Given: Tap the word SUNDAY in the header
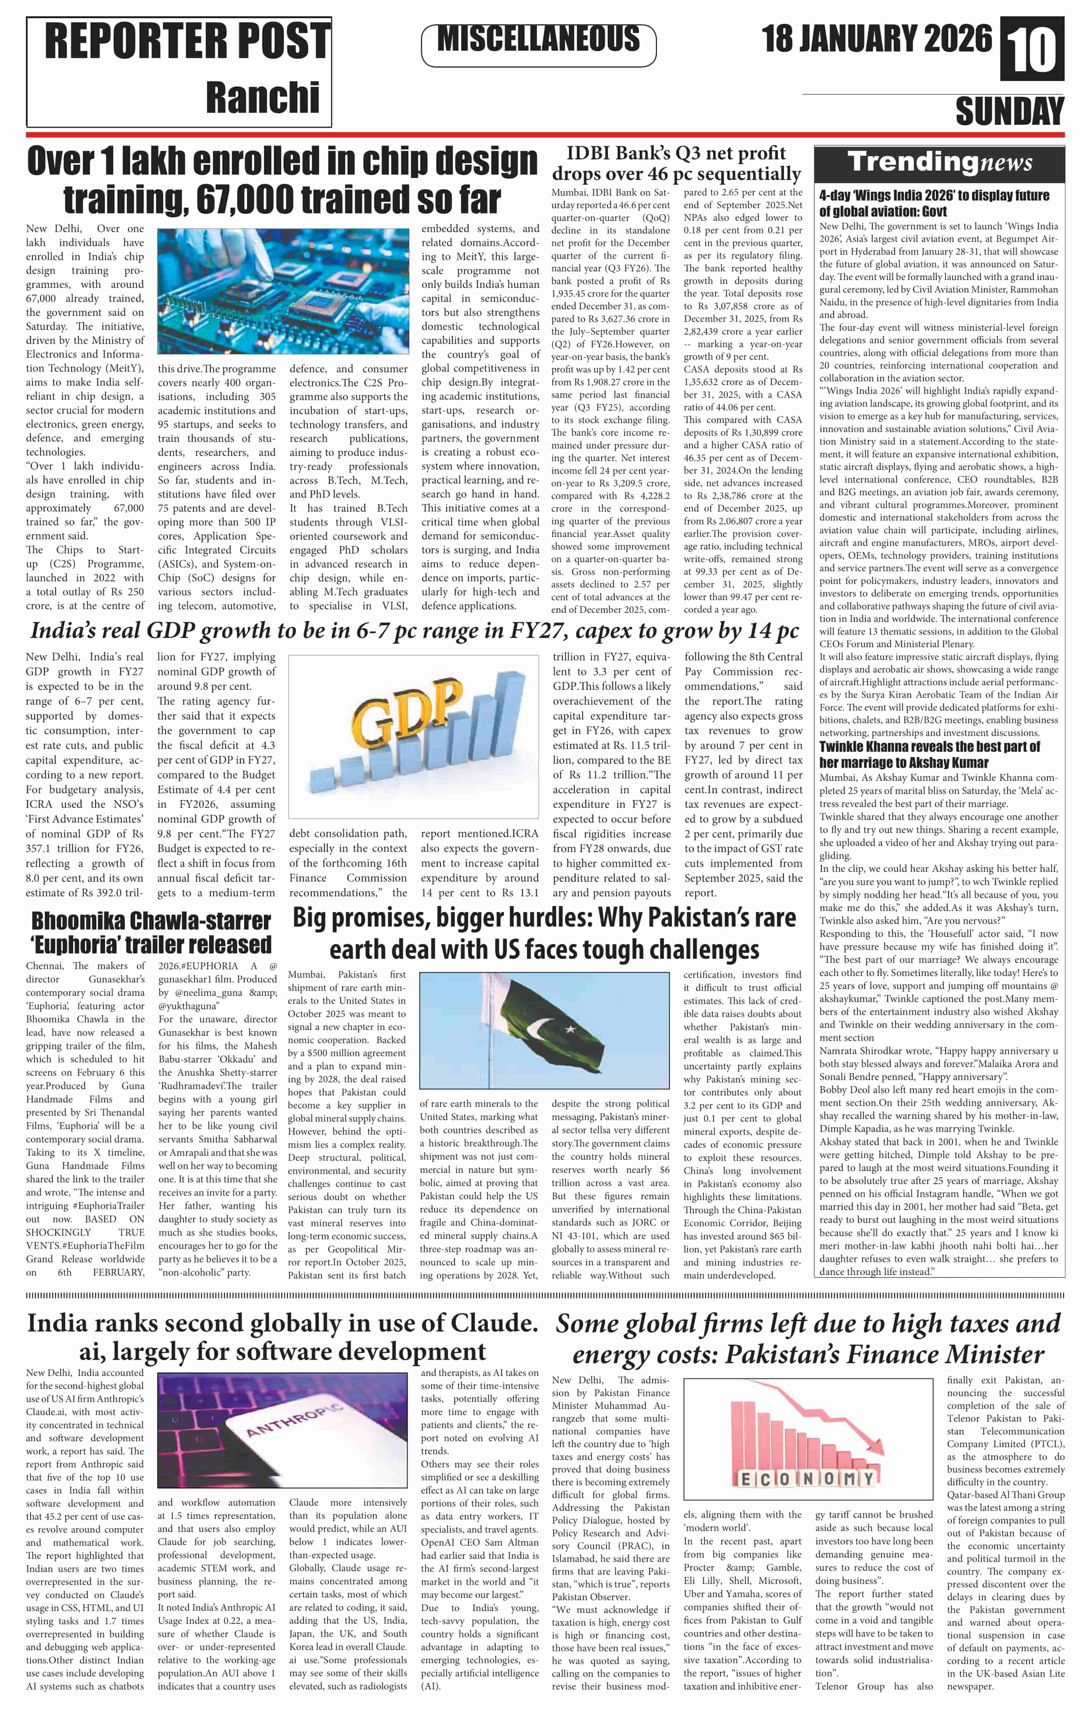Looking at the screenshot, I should click(x=1009, y=112).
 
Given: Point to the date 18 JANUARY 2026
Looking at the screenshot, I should click(x=876, y=39).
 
